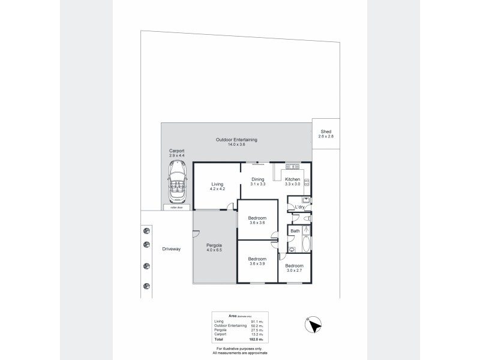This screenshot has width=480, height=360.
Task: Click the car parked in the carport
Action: point(177,184)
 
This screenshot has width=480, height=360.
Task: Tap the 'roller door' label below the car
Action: point(177,208)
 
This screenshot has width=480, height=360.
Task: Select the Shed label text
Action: point(326,131)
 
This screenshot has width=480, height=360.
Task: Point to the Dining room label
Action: point(257,179)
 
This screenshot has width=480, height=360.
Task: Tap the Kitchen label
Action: point(292,179)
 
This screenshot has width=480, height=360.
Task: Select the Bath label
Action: point(295,231)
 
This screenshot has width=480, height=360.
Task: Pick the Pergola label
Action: point(214,245)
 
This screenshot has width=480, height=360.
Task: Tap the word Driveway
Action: point(171,248)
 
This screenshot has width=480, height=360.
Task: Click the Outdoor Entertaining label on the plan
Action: point(236,140)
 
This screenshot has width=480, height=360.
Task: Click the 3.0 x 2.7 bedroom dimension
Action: point(294,270)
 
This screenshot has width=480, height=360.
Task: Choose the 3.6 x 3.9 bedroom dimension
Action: point(257,263)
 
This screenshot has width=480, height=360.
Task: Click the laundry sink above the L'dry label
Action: point(305,200)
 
